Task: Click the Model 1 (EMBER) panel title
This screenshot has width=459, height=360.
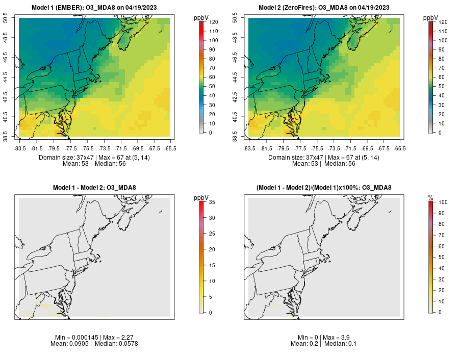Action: click(x=94, y=7)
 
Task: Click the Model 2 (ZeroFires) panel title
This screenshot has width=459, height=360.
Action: click(x=324, y=7)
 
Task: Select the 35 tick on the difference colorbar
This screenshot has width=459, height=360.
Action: click(x=211, y=202)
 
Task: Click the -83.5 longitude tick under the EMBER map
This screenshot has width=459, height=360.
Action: click(x=19, y=148)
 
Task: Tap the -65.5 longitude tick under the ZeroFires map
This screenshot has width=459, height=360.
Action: click(x=400, y=148)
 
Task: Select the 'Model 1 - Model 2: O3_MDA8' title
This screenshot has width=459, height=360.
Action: click(x=94, y=188)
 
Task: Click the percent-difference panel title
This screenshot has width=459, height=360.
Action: click(x=324, y=188)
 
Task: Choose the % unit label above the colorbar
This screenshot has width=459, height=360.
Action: click(x=430, y=197)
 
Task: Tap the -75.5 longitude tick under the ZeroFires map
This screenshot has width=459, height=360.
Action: click(x=317, y=148)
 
